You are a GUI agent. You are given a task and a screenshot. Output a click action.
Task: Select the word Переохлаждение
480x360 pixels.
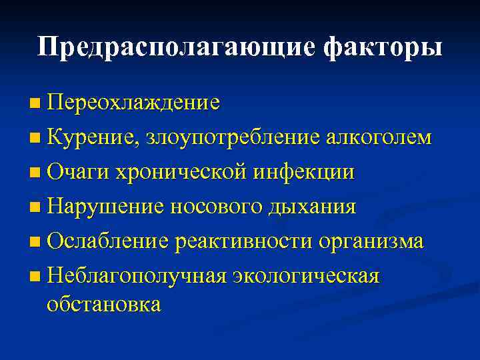pyautogui.click(x=133, y=103)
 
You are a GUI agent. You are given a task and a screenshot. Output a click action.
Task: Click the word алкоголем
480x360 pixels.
pyautogui.click(x=379, y=137)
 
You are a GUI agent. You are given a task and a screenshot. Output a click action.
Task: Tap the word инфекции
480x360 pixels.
pyautogui.click(x=304, y=172)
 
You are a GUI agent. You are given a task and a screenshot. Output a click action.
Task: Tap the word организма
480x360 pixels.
pyautogui.click(x=371, y=241)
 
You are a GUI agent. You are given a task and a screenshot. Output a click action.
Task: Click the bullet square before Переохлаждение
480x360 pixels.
pyautogui.click(x=35, y=104)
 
